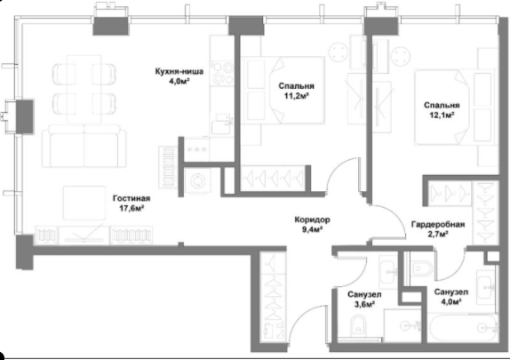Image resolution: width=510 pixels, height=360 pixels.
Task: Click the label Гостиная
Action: pyautogui.click(x=131, y=198)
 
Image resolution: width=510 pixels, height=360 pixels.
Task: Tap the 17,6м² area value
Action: pyautogui.click(x=131, y=208)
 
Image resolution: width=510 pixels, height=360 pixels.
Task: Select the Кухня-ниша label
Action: pyautogui.click(x=179, y=71)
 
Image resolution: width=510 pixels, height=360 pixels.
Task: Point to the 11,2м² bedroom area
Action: pyautogui.click(x=296, y=96)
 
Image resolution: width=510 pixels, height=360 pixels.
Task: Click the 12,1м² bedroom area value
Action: pyautogui.click(x=442, y=115)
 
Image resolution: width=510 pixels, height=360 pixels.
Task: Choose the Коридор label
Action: pyautogui.click(x=312, y=220)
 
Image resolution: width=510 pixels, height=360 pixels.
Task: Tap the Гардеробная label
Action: pyautogui.click(x=438, y=225)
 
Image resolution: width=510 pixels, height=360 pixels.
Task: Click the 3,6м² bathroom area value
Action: pyautogui.click(x=364, y=304)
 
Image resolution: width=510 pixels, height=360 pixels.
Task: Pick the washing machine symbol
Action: pyautogui.click(x=196, y=181)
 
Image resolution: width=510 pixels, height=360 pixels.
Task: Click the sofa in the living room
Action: pyautogui.click(x=84, y=146)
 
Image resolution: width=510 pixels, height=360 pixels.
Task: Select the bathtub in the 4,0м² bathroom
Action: pyautogui.click(x=462, y=328)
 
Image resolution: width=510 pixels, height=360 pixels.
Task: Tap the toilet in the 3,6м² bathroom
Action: pyautogui.click(x=357, y=325)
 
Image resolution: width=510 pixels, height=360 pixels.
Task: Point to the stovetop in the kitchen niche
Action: pyautogui.click(x=222, y=73)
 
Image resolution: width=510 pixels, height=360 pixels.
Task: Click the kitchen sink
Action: pyautogui.click(x=221, y=124)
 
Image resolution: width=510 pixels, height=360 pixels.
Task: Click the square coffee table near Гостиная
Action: pyautogui.click(x=84, y=203)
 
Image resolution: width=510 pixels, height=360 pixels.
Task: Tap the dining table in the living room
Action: pyautogui.click(x=84, y=89)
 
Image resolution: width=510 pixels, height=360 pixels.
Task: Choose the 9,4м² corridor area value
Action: pyautogui.click(x=312, y=230)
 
